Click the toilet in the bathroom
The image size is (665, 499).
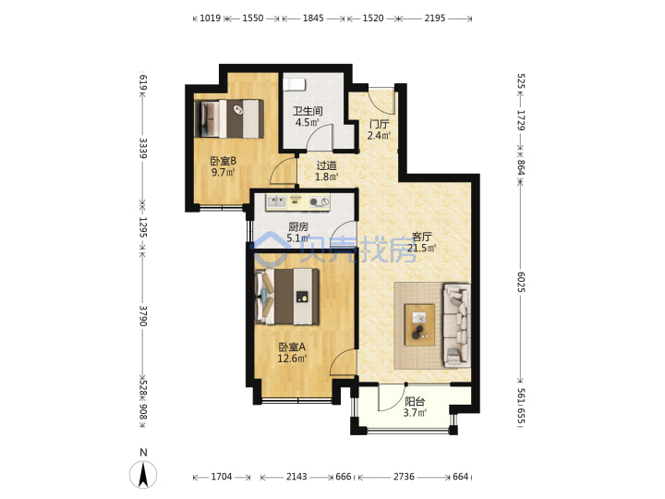294,84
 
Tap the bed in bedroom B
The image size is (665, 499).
229,118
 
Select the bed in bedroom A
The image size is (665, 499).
286,297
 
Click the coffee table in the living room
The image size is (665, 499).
419,324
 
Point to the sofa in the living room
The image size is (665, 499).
456,325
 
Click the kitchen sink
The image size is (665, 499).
275,201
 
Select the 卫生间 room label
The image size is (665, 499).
308,111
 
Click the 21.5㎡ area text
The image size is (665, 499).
421,248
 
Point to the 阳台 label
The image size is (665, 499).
415,401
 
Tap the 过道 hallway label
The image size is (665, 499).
326,165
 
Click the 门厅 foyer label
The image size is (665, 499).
379,124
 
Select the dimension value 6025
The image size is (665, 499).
521,282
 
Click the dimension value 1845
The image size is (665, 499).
313,18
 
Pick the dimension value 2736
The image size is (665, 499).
404,477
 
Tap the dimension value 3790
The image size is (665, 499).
143,316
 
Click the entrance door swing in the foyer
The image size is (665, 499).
381,101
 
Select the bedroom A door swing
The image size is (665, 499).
343,362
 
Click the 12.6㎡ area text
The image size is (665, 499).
292,359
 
